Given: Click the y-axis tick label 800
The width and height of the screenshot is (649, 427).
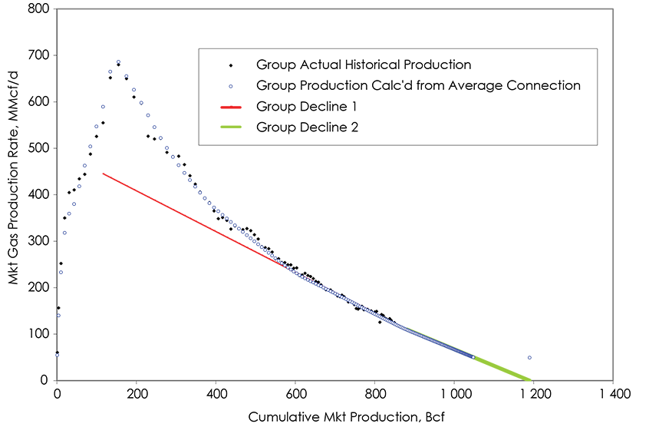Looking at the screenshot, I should pos(38,9).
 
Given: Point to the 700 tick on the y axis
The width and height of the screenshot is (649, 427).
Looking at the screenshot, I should pos(38,55).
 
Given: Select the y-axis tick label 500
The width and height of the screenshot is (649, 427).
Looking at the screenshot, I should pos(38,148).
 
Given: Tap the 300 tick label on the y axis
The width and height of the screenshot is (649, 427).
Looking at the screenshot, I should pos(38,241).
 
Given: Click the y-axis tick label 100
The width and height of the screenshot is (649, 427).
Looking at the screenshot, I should pos(38,334).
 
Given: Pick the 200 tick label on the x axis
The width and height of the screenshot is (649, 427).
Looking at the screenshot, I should pos(137,394).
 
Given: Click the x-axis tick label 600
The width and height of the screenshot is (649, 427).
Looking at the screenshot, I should pos(295,394).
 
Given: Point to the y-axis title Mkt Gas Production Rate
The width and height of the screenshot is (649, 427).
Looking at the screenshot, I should pos(14,194).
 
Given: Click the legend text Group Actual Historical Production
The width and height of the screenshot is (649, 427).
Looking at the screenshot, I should pos(364,65).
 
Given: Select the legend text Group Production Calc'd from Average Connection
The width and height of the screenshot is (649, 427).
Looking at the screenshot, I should pos(418,85).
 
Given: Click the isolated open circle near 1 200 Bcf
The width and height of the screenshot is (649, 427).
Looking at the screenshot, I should pos(529,358).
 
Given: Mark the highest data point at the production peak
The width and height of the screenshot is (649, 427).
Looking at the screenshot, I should pos(118,62).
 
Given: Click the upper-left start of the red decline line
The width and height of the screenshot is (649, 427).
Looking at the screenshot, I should pos(103,174).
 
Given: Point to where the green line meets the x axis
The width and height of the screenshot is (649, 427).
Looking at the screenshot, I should pos(531,379).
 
